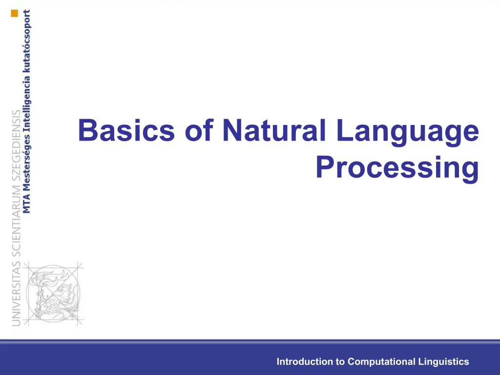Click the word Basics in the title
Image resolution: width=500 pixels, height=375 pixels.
126,130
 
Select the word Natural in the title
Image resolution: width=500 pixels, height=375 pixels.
274,130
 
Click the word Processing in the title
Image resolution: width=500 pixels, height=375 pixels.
397,169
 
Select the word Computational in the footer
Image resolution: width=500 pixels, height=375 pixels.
381,362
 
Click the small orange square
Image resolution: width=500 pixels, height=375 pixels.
15,13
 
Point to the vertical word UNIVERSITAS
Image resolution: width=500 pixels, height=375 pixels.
16,293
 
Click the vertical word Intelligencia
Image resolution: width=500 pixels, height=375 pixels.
27,104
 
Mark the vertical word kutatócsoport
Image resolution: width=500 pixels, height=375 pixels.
27,41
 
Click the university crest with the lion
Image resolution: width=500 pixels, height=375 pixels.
54,293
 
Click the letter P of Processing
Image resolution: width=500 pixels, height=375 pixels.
325,167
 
